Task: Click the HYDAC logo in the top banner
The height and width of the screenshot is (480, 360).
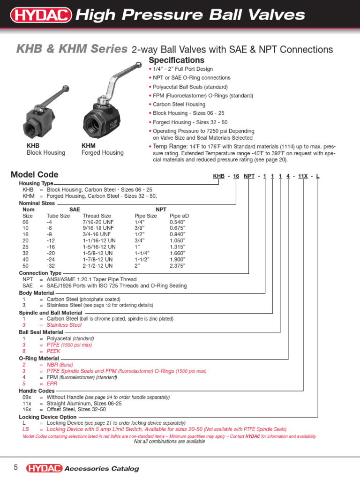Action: pos(41,16)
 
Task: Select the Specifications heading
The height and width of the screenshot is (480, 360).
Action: pos(176,60)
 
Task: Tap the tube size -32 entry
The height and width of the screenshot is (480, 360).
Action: pos(51,265)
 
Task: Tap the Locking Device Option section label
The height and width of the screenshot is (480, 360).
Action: pos(47,416)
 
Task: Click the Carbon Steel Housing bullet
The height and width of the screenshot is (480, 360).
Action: pos(179,105)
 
